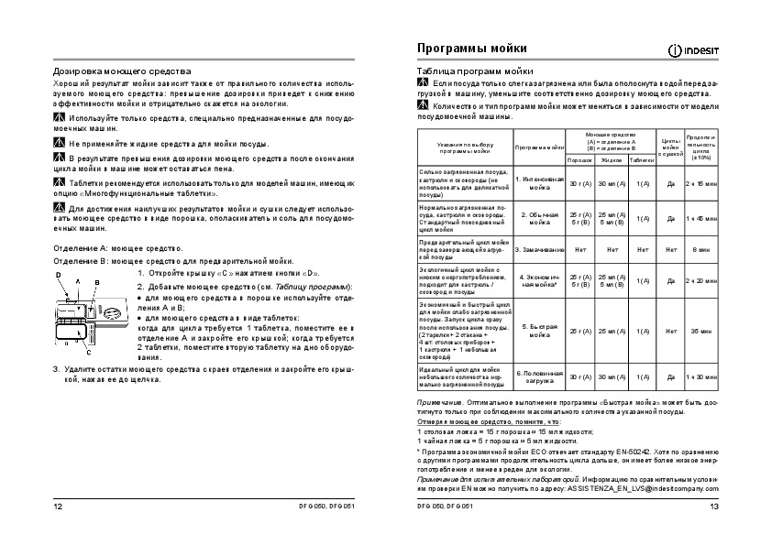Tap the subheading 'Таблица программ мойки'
(x=475, y=70)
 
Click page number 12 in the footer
(x=59, y=507)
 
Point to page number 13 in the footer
(x=714, y=507)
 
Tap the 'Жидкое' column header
(x=611, y=159)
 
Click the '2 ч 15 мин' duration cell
(x=701, y=183)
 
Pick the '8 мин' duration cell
(x=701, y=248)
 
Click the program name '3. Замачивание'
(x=538, y=248)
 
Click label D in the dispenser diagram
(x=59, y=275)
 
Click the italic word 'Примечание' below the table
(x=438, y=402)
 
